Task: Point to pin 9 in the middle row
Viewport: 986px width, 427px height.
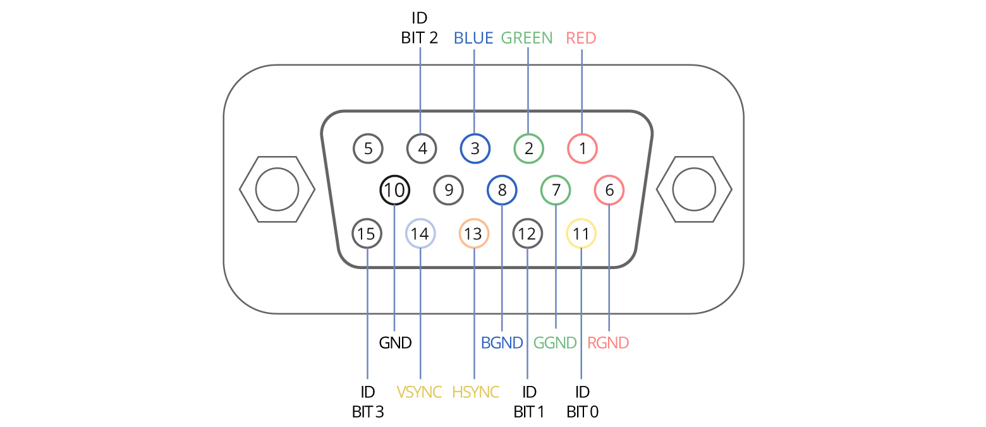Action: (448, 189)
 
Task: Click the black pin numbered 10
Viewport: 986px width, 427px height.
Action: (394, 189)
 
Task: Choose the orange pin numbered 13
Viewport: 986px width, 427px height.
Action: (473, 234)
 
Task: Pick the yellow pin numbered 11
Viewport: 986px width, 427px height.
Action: (581, 234)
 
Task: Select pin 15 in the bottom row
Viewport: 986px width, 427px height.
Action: (367, 234)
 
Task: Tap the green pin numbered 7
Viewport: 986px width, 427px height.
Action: (556, 189)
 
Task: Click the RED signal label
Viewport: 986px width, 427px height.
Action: (581, 38)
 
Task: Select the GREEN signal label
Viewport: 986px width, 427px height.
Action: (526, 38)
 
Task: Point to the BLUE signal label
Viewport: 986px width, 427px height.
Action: (473, 38)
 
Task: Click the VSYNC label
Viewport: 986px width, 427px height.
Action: (419, 392)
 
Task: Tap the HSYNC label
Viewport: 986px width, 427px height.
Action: (475, 392)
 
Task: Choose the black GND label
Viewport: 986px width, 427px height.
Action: (395, 343)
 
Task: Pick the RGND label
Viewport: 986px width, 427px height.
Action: (608, 343)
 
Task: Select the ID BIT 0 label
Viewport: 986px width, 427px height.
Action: (582, 402)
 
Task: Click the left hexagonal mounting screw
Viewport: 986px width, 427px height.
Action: (277, 189)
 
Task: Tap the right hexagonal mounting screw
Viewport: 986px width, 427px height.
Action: (694, 189)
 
